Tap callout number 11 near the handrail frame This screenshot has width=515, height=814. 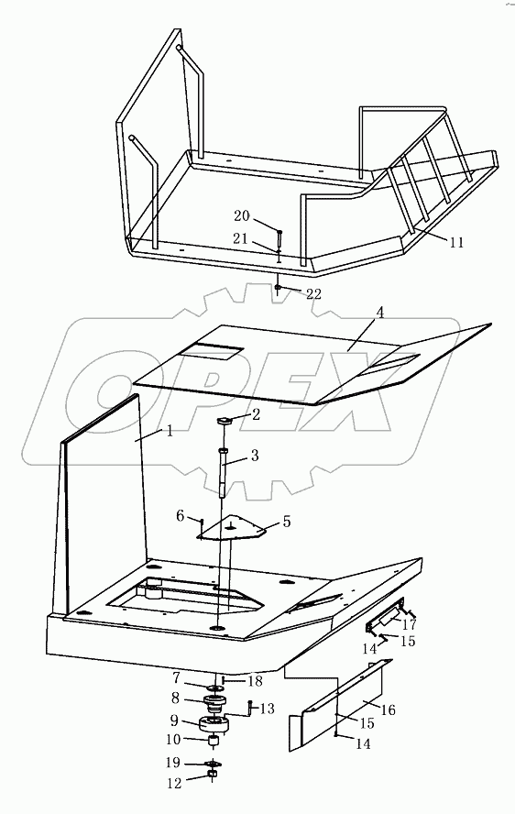coord(455,243)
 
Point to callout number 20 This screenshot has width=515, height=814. coord(241,216)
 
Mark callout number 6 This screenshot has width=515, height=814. coord(182,517)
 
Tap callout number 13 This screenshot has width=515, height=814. coord(267,709)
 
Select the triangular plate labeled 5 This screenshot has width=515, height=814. coord(233,530)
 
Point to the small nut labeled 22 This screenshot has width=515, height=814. coord(277,288)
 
